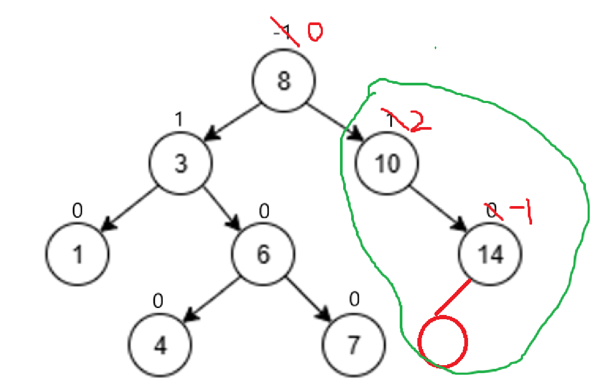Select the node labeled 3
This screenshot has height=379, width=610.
coord(180,164)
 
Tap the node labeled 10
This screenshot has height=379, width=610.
coord(387,164)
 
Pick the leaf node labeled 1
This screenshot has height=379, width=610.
coord(77,256)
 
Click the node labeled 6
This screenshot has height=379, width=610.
coord(263,255)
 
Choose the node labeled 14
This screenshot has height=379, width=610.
coord(490,255)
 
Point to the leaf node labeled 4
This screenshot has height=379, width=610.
coord(161,345)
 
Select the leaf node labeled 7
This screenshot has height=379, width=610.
coord(353,345)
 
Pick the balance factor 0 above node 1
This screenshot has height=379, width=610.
coord(77,212)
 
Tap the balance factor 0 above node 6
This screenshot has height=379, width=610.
coord(264,212)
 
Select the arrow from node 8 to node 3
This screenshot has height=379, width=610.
coord(232,122)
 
